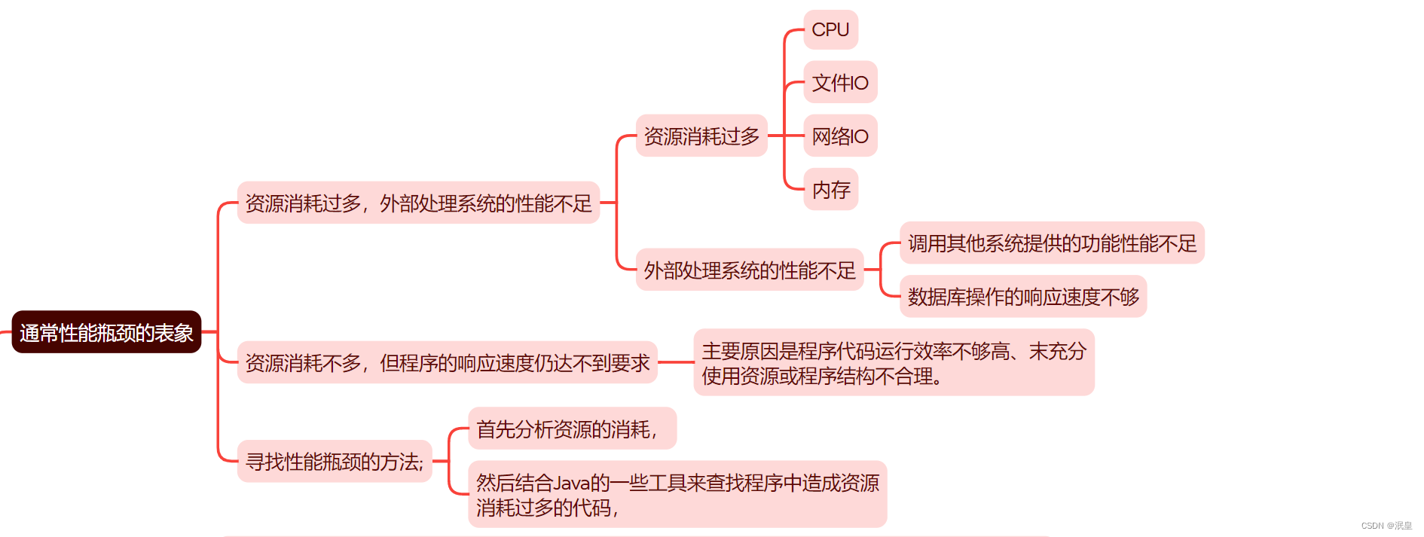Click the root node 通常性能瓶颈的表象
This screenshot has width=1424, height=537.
(106, 332)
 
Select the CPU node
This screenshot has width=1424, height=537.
(830, 29)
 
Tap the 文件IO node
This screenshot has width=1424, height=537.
(840, 82)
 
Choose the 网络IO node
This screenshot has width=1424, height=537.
(840, 136)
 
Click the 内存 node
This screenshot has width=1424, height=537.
(830, 189)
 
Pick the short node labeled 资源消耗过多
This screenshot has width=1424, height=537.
(701, 136)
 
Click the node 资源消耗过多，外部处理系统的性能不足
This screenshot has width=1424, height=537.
(418, 203)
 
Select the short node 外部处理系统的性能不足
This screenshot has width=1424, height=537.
(749, 270)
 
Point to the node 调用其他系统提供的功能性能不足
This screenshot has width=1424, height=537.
(1052, 243)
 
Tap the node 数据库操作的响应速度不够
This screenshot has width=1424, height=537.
(1022, 297)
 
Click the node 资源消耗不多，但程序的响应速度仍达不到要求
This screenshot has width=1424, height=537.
(447, 362)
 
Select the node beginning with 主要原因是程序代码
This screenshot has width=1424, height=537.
(894, 362)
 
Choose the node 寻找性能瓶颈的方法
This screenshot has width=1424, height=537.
(334, 461)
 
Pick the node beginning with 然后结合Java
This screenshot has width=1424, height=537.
(677, 494)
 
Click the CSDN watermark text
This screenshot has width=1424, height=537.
(1386, 526)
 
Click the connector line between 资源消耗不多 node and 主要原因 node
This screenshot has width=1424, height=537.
(675, 362)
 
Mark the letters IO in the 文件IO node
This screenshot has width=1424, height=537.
(859, 83)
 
